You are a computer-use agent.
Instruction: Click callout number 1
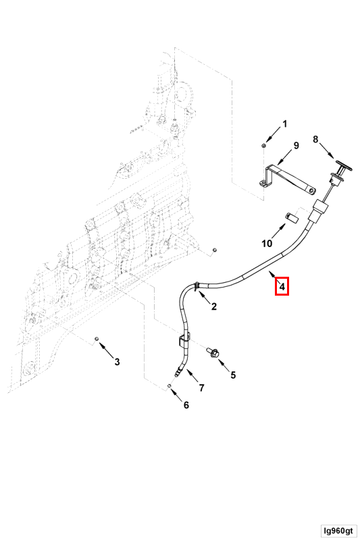[x=284, y=124]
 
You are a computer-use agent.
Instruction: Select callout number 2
[x=214, y=306]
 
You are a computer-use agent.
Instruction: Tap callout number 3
[x=117, y=362]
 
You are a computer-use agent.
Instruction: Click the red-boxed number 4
[x=282, y=286]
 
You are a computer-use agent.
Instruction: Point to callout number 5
[x=233, y=375]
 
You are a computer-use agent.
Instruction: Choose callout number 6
[x=186, y=405]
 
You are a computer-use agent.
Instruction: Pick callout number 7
[x=201, y=387]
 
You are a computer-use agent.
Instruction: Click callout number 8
[x=315, y=140]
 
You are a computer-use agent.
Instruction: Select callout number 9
[x=296, y=146]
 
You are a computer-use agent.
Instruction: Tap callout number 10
[x=267, y=244]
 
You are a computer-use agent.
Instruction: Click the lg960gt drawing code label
[x=338, y=531]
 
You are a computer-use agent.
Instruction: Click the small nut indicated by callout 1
[x=263, y=146]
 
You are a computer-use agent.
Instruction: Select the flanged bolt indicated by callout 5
[x=213, y=352]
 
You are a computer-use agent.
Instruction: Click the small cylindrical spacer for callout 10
[x=292, y=218]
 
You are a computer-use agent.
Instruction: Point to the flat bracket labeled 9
[x=287, y=179]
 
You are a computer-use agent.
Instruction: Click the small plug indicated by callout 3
[x=97, y=340]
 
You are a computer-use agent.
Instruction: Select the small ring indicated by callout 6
[x=170, y=386]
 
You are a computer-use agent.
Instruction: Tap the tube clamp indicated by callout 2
[x=197, y=286]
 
